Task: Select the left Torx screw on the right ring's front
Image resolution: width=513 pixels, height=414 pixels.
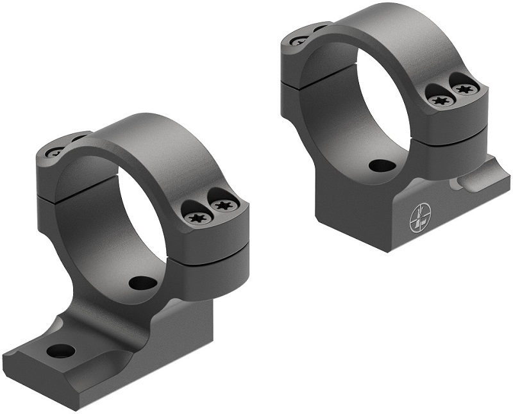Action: [x=439, y=100]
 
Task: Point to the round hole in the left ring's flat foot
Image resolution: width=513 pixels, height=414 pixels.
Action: [x=61, y=351]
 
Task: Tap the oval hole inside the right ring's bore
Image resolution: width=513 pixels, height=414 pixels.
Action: [x=383, y=166]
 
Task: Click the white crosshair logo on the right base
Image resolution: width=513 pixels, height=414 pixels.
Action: [x=417, y=218]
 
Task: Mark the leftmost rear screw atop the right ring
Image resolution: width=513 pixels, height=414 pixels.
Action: [x=299, y=40]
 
